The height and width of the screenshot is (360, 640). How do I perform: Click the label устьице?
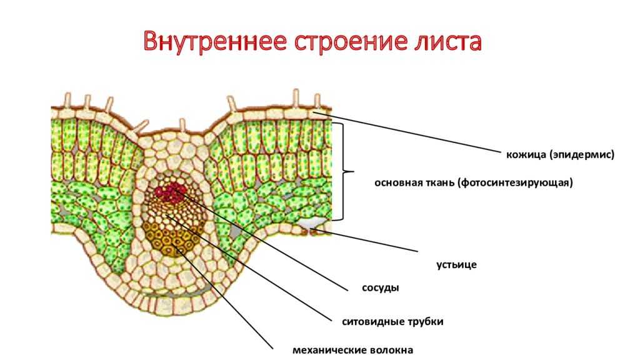point(456,265)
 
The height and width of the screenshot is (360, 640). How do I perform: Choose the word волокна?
point(391,350)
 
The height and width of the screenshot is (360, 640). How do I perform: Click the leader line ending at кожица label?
point(412,132)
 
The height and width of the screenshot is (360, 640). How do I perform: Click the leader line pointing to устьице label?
point(369,241)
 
